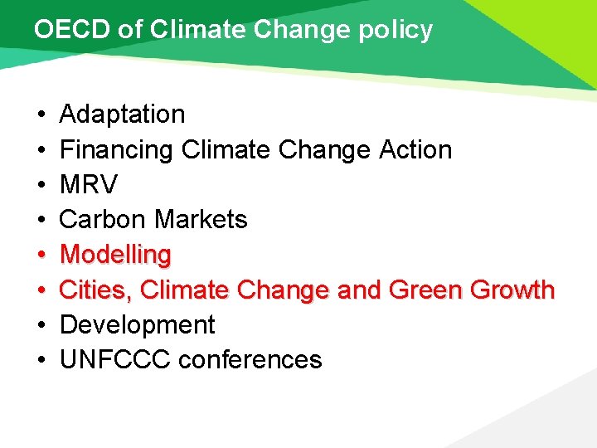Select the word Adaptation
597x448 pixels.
(x=123, y=114)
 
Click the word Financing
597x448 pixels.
(x=117, y=150)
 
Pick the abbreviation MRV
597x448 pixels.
(x=89, y=184)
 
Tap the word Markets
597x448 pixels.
(x=201, y=220)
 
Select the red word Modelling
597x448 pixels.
(x=115, y=255)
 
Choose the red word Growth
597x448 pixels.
(x=512, y=290)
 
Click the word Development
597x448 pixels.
(x=138, y=324)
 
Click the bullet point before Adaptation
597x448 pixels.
(x=41, y=114)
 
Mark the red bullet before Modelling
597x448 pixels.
(x=41, y=256)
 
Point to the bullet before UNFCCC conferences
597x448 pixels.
(x=41, y=361)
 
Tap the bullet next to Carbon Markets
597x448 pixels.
(x=41, y=221)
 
